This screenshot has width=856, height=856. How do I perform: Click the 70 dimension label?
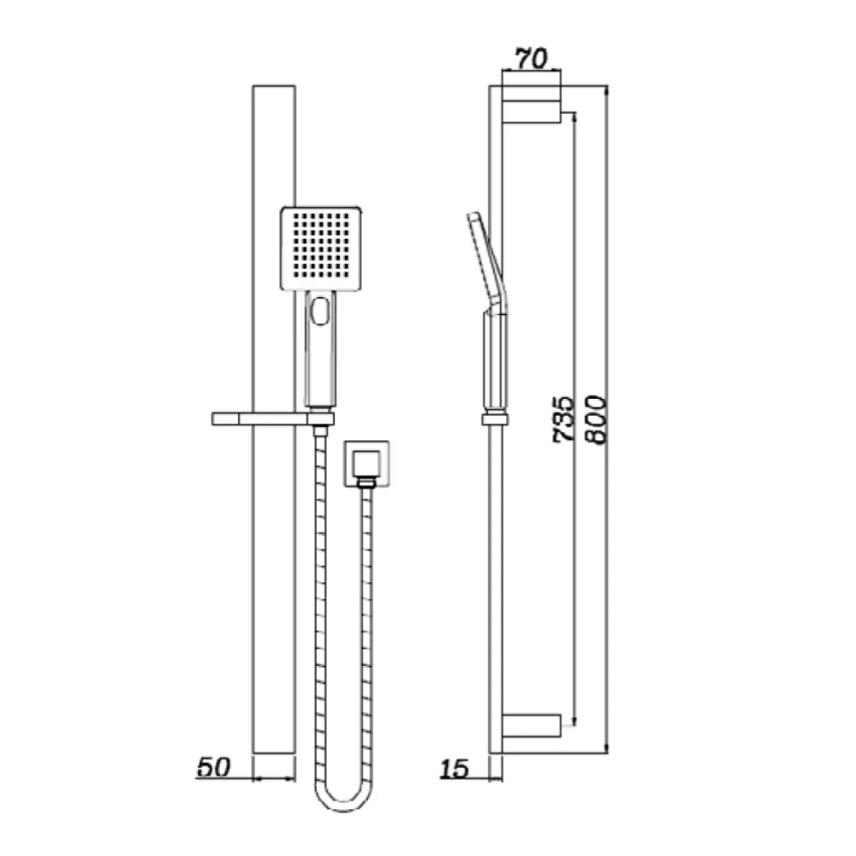point(532,58)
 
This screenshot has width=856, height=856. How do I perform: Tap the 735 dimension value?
point(564,419)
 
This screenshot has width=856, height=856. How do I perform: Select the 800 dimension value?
point(596,419)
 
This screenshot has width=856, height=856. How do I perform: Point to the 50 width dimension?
point(213,767)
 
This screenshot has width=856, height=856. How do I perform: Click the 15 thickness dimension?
point(455,769)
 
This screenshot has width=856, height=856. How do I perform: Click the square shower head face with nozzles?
point(321,248)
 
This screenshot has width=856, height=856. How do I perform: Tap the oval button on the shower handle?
point(320,310)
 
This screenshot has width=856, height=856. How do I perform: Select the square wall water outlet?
point(366,463)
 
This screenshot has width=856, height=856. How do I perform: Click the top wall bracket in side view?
point(532,104)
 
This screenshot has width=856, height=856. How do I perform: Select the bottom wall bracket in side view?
point(532,726)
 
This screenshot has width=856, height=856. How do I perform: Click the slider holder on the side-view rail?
point(496,419)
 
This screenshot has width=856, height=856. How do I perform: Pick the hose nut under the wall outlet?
point(366,482)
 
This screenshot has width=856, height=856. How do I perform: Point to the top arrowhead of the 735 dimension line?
point(574,116)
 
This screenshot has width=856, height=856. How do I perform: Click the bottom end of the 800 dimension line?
point(607,753)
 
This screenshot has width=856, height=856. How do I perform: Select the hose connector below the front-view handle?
point(320,431)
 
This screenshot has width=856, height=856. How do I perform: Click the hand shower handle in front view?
point(320,349)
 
